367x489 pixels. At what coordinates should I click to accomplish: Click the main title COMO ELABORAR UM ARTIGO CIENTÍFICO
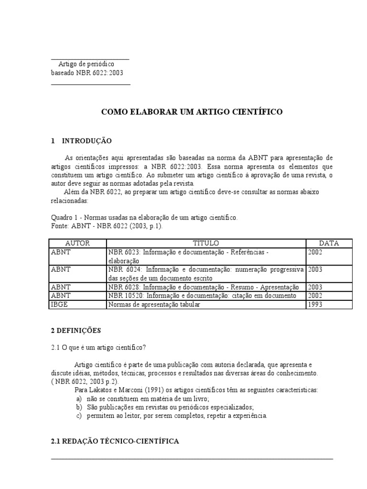(x=192, y=112)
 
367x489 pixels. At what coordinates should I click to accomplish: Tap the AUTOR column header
(x=77, y=243)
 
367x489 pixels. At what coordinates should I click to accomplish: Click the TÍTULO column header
(x=206, y=243)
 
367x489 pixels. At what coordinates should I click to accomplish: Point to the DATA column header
(x=329, y=243)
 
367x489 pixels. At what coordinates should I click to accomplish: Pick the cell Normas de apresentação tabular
(x=154, y=305)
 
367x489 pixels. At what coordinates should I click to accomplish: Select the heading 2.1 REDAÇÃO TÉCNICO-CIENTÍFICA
(x=115, y=442)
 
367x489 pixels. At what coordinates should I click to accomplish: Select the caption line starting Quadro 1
(x=144, y=218)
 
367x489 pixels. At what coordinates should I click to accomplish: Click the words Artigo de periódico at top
(x=86, y=64)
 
